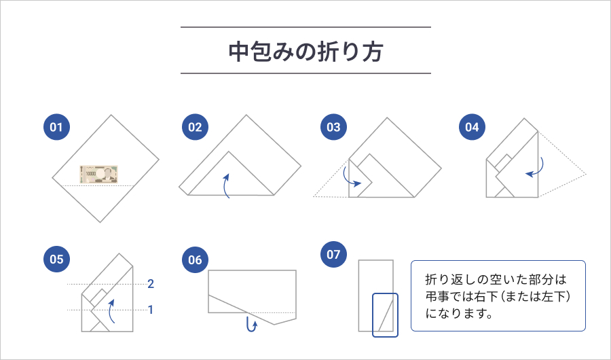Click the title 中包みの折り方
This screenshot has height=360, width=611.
pyautogui.click(x=305, y=52)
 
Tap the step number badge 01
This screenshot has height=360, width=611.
pyautogui.click(x=56, y=127)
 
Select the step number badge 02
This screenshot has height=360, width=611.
pyautogui.click(x=196, y=127)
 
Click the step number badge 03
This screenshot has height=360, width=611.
pyautogui.click(x=333, y=127)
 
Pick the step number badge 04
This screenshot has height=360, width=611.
pyautogui.click(x=473, y=127)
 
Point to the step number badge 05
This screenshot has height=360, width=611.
pyautogui.click(x=56, y=259)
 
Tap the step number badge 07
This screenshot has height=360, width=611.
pyautogui.click(x=333, y=255)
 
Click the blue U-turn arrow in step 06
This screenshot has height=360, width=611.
pyautogui.click(x=252, y=325)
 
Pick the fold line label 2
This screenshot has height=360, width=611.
pyautogui.click(x=151, y=283)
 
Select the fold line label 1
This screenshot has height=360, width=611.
pyautogui.click(x=151, y=310)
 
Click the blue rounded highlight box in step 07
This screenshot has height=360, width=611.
pyautogui.click(x=385, y=314)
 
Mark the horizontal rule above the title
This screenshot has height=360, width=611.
pyautogui.click(x=305, y=27)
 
